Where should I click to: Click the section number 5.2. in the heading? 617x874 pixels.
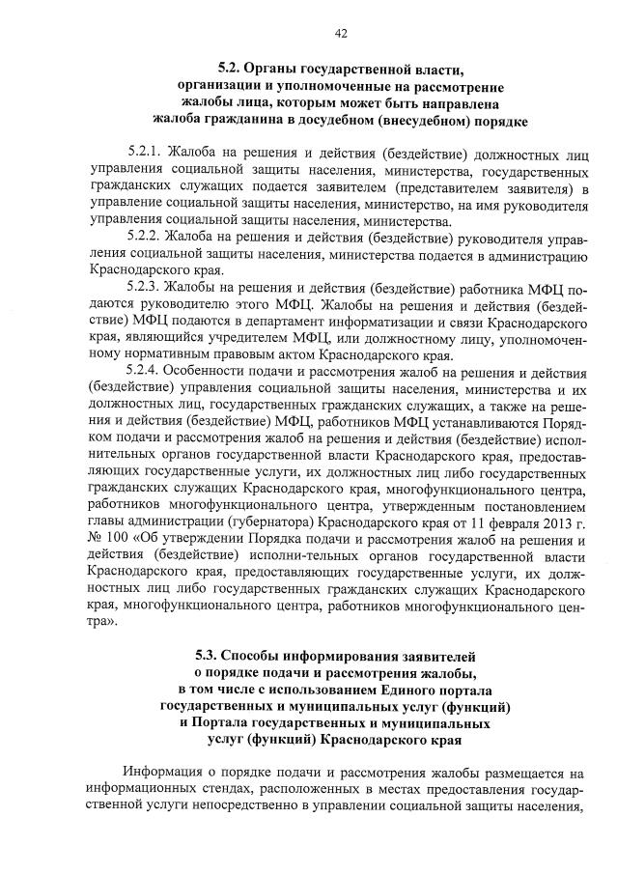pyautogui.click(x=231, y=68)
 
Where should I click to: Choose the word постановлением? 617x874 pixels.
pyautogui.click(x=522, y=503)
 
